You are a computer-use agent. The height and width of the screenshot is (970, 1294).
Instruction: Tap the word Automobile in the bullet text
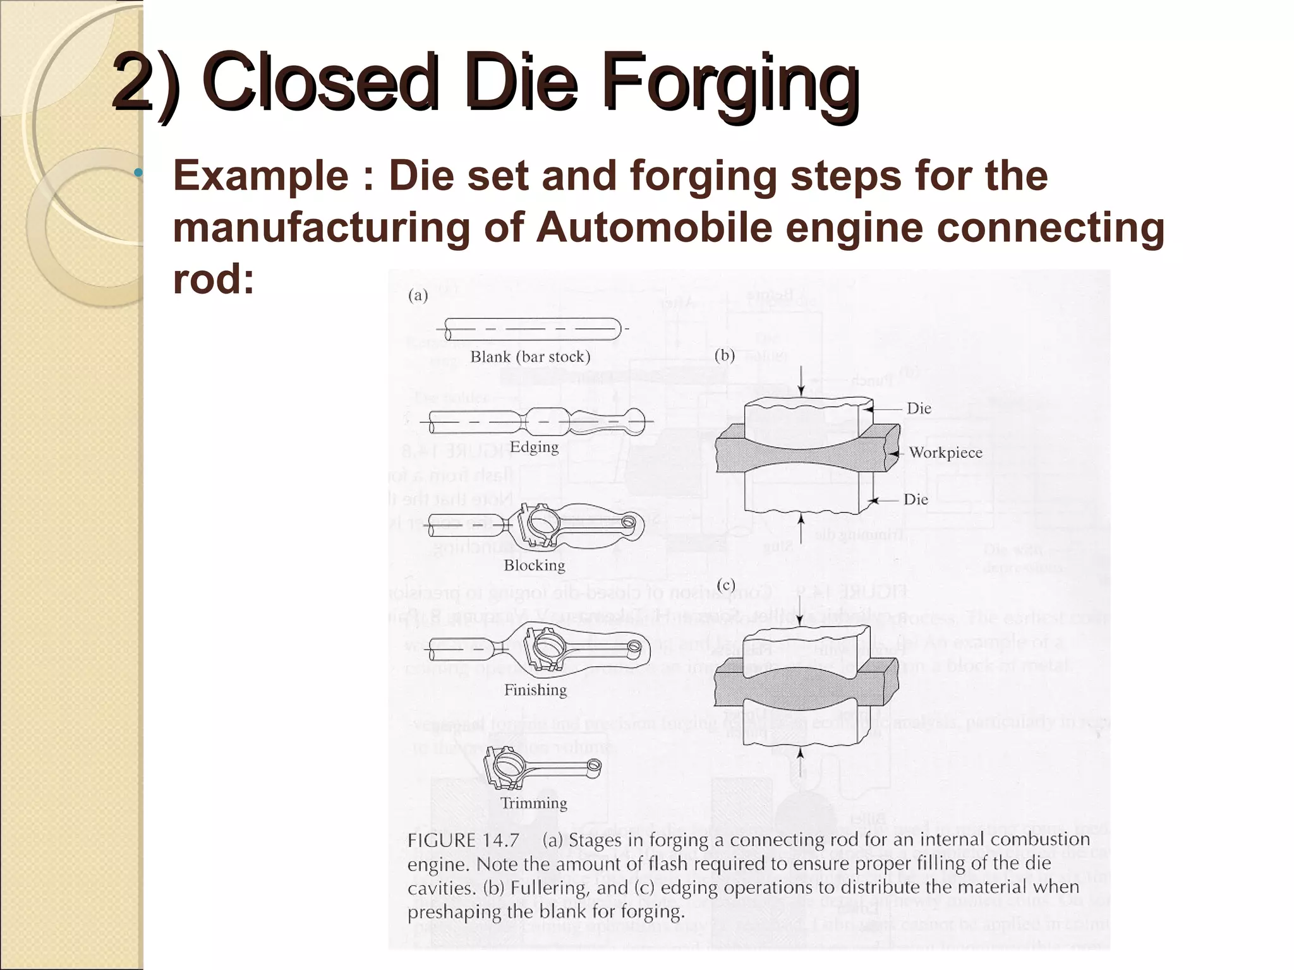click(654, 227)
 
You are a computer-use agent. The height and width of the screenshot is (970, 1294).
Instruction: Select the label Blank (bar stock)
click(530, 357)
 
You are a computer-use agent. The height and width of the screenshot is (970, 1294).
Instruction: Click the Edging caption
click(534, 447)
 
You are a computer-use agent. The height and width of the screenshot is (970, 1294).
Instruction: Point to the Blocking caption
click(534, 565)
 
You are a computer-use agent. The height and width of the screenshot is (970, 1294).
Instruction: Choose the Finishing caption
click(535, 690)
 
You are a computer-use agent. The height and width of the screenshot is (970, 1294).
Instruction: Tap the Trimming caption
click(534, 803)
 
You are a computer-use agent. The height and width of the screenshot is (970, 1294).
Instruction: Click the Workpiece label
click(945, 453)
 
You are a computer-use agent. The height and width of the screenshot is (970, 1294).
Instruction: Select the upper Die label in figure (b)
click(919, 409)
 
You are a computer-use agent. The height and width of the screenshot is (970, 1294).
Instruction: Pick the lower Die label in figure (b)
click(916, 500)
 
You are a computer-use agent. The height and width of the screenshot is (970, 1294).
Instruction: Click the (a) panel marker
click(418, 296)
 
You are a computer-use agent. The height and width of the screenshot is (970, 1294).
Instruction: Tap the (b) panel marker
click(725, 356)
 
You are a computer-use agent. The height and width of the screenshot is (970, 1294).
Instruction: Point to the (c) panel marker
click(725, 585)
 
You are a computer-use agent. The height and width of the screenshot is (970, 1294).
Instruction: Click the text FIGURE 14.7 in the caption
click(463, 841)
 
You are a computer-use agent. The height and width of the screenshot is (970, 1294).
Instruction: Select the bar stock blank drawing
click(533, 329)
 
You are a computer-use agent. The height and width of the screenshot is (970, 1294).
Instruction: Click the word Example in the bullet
click(260, 176)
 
